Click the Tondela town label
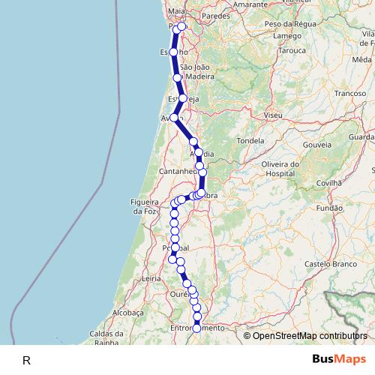(250, 140)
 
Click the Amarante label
(229, 4)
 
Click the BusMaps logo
(339, 359)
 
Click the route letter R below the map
(26, 361)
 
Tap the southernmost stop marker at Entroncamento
(197, 328)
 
